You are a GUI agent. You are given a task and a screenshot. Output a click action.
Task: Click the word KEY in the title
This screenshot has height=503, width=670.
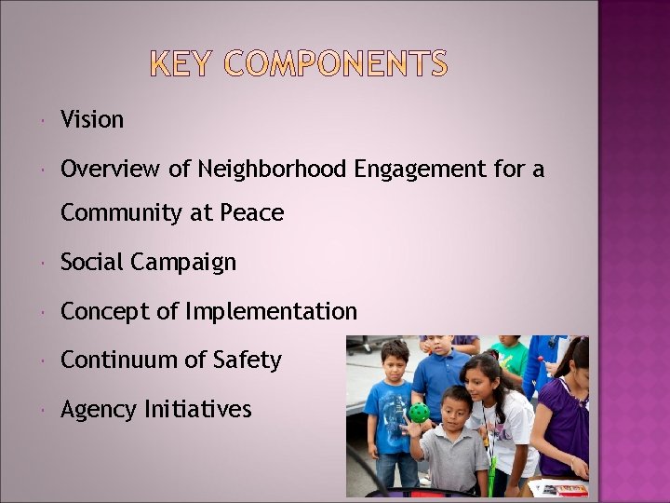click(182, 64)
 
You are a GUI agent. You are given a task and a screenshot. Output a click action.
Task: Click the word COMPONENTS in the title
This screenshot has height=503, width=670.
click(336, 64)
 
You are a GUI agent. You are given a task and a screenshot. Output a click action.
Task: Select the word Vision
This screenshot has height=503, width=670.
click(92, 119)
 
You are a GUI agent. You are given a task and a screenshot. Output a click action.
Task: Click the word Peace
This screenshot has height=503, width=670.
click(251, 213)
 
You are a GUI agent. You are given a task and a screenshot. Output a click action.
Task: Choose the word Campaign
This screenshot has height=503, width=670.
click(183, 263)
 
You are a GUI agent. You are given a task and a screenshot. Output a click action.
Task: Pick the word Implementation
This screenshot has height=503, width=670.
click(271, 311)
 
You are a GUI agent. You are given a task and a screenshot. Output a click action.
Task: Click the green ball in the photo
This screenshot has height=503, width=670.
click(420, 413)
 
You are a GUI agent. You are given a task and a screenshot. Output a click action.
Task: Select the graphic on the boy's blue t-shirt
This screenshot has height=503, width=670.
click(382, 413)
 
